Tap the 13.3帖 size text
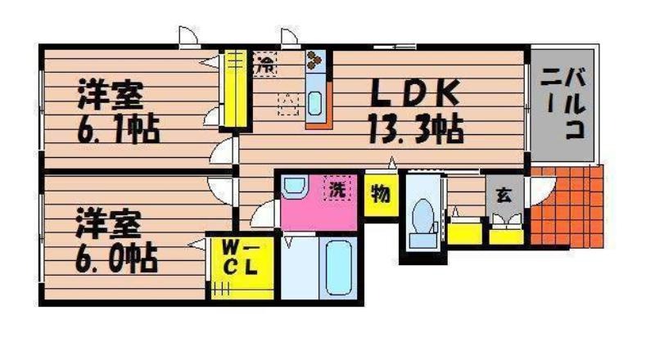pyautogui.click(x=415, y=129)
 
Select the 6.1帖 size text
pyautogui.click(x=117, y=129)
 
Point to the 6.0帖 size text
pyautogui.click(x=116, y=259)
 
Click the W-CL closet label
pyautogui.click(x=240, y=259)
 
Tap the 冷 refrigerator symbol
pyautogui.click(x=264, y=64)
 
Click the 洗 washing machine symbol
pyautogui.click(x=337, y=188)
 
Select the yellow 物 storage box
pyautogui.click(x=381, y=195)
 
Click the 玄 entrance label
pyautogui.click(x=504, y=195)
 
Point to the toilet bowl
pyautogui.click(x=422, y=216)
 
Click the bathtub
pyautogui.click(x=337, y=268)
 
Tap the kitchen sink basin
pyautogui.click(x=314, y=104)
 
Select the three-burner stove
pyautogui.click(x=314, y=61)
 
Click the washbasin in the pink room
pyautogui.click(x=295, y=185)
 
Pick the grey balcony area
pyautogui.click(x=562, y=105)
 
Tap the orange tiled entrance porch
pyautogui.click(x=567, y=207)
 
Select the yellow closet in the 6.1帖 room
pyautogui.click(x=235, y=88)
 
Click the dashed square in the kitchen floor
pyautogui.click(x=288, y=104)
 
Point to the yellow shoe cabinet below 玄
pyautogui.click(x=506, y=235)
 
